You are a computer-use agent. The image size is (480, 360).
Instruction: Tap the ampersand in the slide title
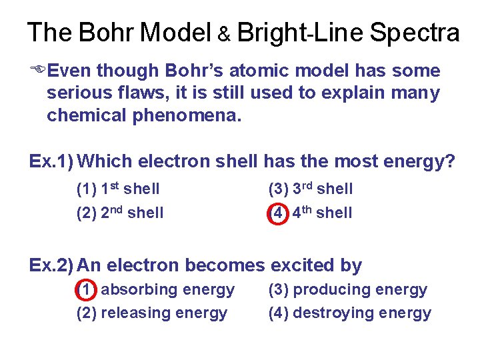coord(224,35)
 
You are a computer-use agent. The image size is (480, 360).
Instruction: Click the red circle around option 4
coord(277,213)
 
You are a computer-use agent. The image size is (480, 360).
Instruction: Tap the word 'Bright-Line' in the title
coord(299,32)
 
